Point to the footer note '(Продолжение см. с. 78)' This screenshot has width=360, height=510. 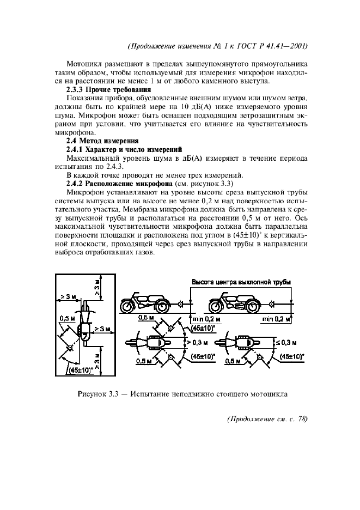pyautogui.click(x=266, y=419)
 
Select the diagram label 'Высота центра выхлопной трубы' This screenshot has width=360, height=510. pyautogui.click(x=240, y=282)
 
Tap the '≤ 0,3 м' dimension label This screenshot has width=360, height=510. pyautogui.click(x=294, y=342)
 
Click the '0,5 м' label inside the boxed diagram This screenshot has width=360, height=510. pyautogui.click(x=68, y=318)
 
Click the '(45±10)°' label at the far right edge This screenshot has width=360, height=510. pyautogui.click(x=291, y=356)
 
